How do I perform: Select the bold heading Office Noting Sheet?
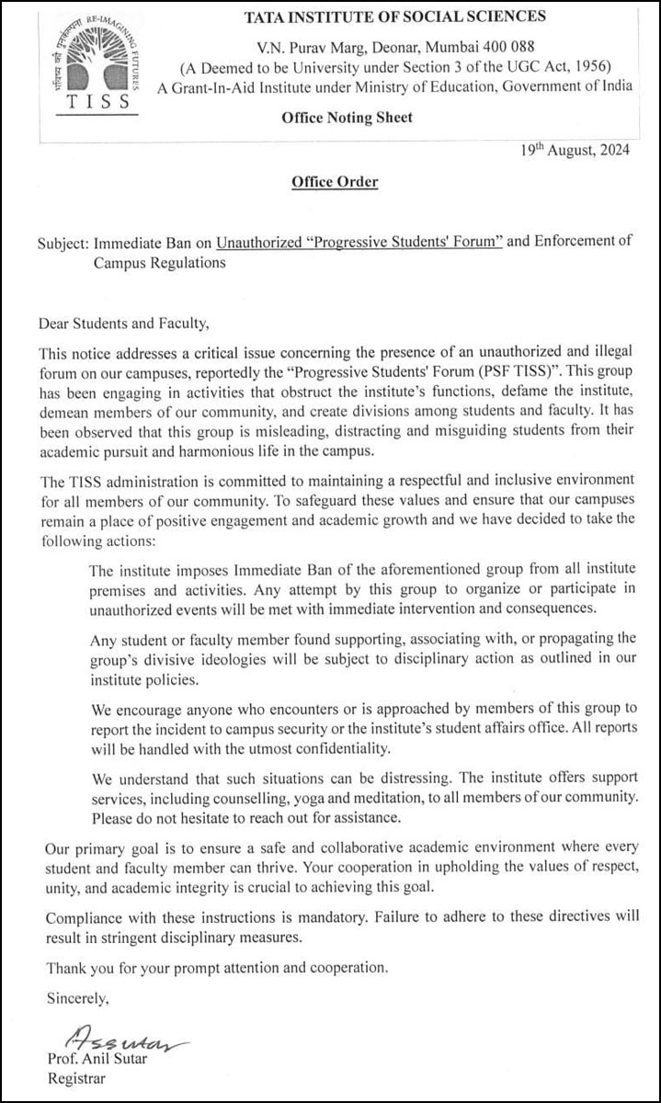point(347,117)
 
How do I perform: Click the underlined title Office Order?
point(335,182)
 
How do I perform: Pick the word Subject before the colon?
point(63,244)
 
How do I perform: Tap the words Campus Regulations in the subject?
point(159,263)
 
